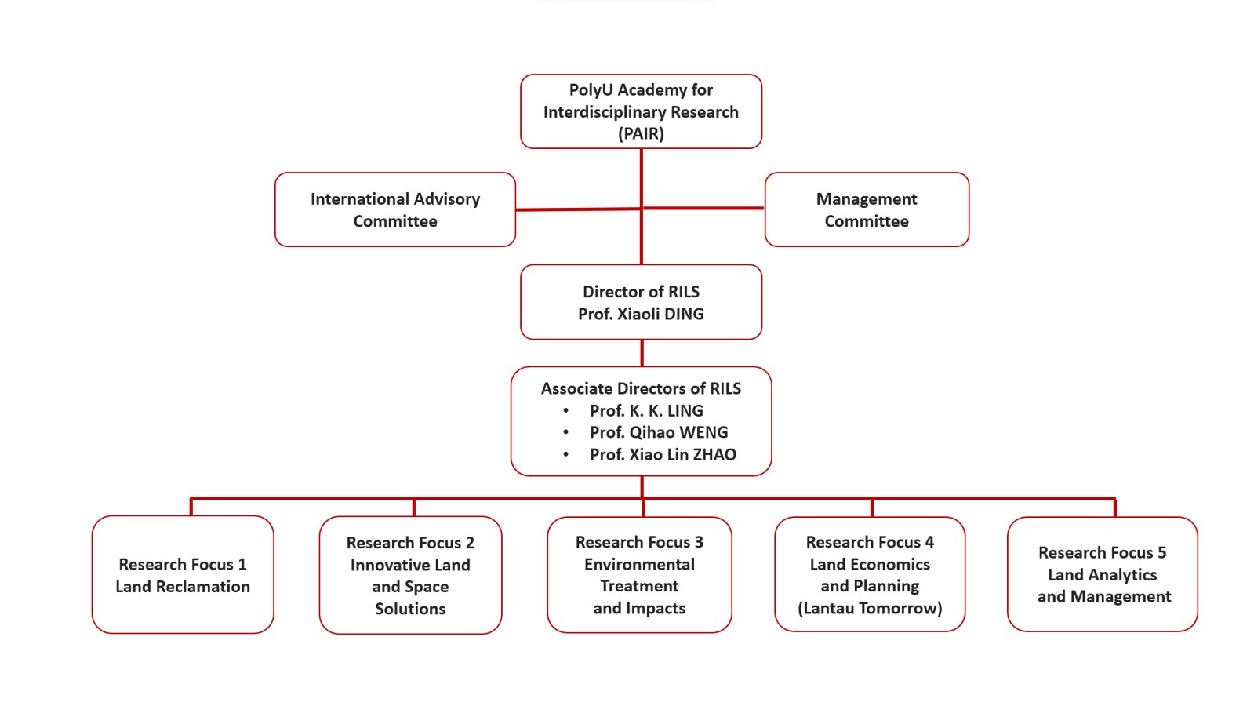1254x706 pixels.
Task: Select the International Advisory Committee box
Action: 395,209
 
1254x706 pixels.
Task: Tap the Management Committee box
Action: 867,209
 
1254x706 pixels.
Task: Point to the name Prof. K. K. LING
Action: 646,410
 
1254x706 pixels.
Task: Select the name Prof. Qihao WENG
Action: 659,432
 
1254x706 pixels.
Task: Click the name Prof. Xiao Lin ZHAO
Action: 663,454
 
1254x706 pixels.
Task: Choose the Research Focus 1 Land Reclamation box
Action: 183,574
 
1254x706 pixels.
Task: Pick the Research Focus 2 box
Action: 410,575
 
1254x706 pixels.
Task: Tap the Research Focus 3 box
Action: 639,575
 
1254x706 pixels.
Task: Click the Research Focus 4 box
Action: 870,574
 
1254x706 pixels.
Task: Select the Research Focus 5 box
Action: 1103,574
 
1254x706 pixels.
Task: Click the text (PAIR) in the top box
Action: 641,133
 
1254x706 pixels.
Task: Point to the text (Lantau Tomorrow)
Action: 870,608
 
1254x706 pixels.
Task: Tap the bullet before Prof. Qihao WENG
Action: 565,432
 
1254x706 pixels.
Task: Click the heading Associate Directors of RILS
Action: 641,388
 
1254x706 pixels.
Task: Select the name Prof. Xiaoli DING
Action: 641,314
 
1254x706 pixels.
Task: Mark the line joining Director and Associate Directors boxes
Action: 642,353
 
